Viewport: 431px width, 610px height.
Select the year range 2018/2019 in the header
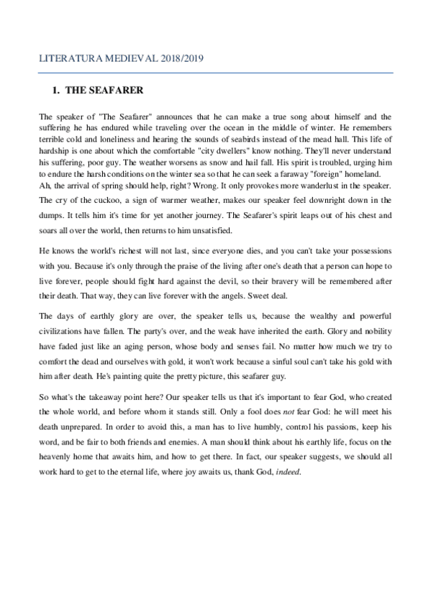coord(180,60)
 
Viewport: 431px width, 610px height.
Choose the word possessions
coord(363,254)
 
